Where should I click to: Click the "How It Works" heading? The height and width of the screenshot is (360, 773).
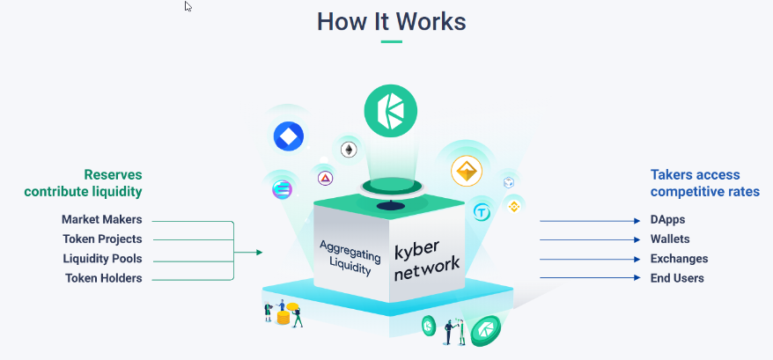[x=392, y=21]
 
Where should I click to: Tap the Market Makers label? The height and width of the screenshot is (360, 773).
[x=101, y=219]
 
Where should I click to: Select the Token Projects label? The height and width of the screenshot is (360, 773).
[x=102, y=239]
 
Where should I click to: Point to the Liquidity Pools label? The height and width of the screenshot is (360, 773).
[x=102, y=259]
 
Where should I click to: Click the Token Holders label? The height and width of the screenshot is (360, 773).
[x=103, y=278]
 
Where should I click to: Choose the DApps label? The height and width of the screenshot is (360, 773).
[x=667, y=219]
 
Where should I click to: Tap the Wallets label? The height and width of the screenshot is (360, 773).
[x=670, y=239]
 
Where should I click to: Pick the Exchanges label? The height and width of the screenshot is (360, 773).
[x=679, y=259]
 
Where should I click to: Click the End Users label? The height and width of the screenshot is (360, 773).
[x=676, y=278]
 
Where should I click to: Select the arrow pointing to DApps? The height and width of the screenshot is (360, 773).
[x=589, y=221]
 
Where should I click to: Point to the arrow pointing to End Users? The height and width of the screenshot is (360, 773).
[x=589, y=278]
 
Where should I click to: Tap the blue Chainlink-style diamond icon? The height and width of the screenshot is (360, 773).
[x=288, y=136]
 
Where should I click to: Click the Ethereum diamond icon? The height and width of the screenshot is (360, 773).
[x=350, y=150]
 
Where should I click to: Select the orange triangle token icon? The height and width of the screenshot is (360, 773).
[x=467, y=172]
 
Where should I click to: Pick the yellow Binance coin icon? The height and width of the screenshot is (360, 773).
[x=513, y=207]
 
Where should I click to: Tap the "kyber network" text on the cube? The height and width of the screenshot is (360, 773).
[x=426, y=256]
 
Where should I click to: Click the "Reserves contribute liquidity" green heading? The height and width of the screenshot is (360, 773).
[x=83, y=183]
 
